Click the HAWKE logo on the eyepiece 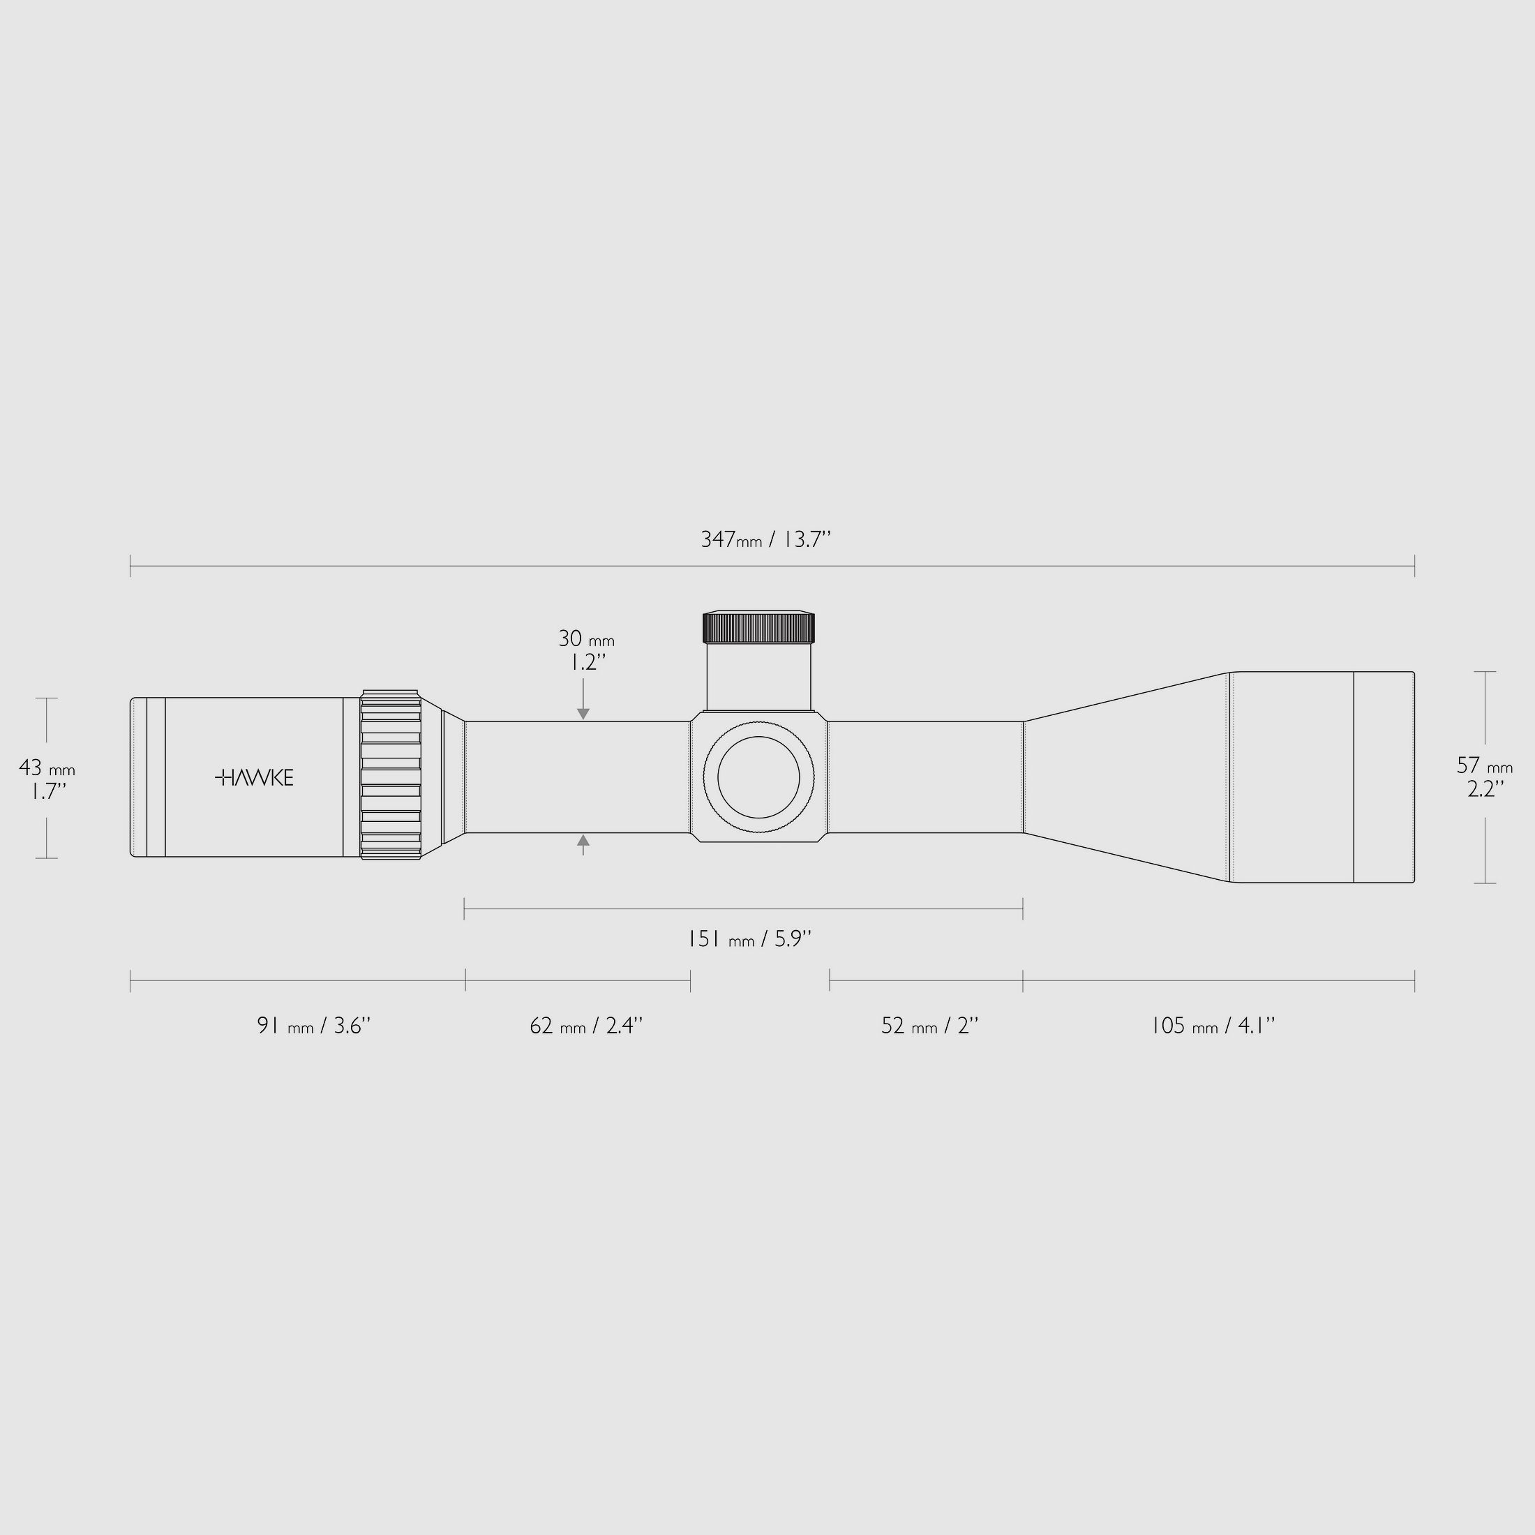(254, 777)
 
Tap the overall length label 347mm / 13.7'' (765, 540)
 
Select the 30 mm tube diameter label (585, 639)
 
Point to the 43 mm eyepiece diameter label (46, 768)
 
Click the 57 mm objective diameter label (1484, 766)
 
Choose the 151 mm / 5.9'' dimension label (749, 939)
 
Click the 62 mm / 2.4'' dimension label (585, 1026)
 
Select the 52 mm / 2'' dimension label (929, 1026)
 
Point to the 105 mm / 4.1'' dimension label (1213, 1026)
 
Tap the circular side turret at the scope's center (758, 777)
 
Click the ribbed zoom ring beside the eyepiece (390, 774)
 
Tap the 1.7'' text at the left (48, 791)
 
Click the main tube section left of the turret (578, 777)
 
